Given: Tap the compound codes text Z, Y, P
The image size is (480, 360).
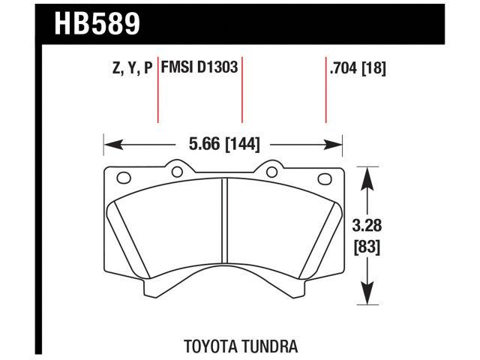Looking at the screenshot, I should pos(131,68).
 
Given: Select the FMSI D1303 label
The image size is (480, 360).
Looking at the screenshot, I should pos(198,68).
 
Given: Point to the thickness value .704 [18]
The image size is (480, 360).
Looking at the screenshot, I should pos(357,68).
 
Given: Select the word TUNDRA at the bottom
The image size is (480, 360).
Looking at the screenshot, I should pos(269,346).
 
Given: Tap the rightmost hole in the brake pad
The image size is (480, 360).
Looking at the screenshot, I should pos(325,178).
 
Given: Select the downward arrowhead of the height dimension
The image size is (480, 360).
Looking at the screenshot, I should pos(367,298).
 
